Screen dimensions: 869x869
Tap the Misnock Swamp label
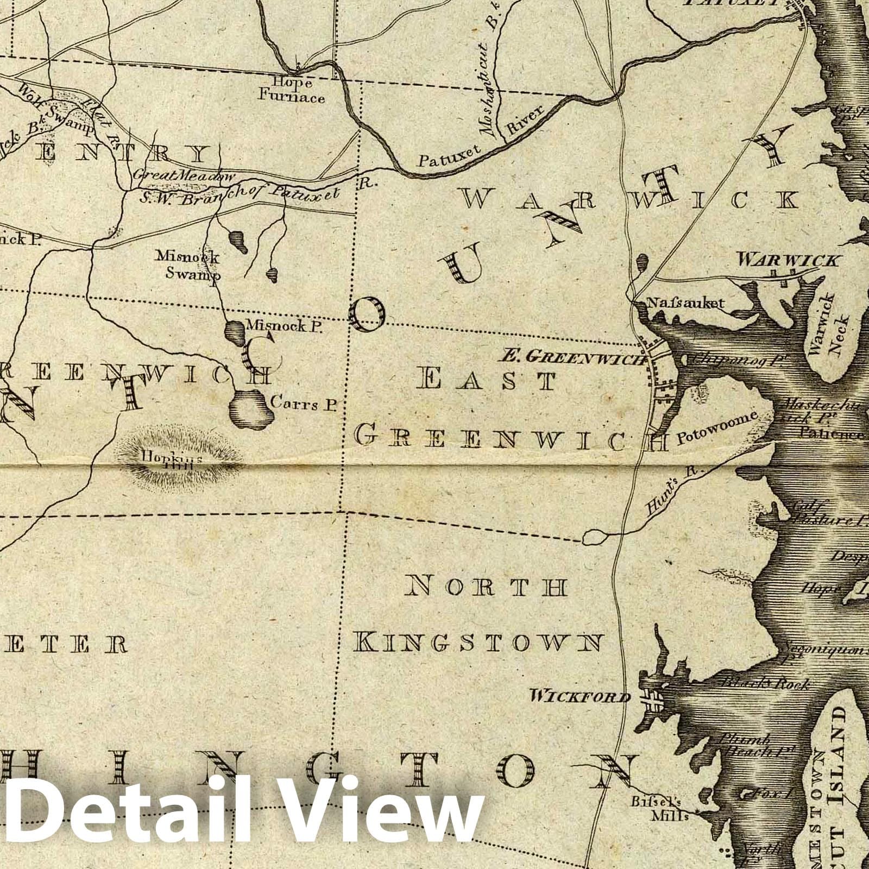click(187, 264)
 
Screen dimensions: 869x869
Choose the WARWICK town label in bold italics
click(787, 261)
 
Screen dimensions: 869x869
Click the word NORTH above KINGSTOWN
click(489, 587)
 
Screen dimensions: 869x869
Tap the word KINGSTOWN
click(478, 642)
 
